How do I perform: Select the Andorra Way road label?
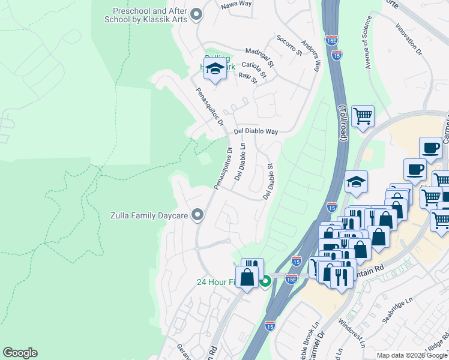pos(310,56)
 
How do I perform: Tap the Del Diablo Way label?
pos(256,131)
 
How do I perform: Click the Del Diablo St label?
pos(268,182)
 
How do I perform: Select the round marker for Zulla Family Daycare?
pos(198,215)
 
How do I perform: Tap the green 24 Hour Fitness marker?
pos(265,281)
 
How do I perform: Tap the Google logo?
pos(20,353)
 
